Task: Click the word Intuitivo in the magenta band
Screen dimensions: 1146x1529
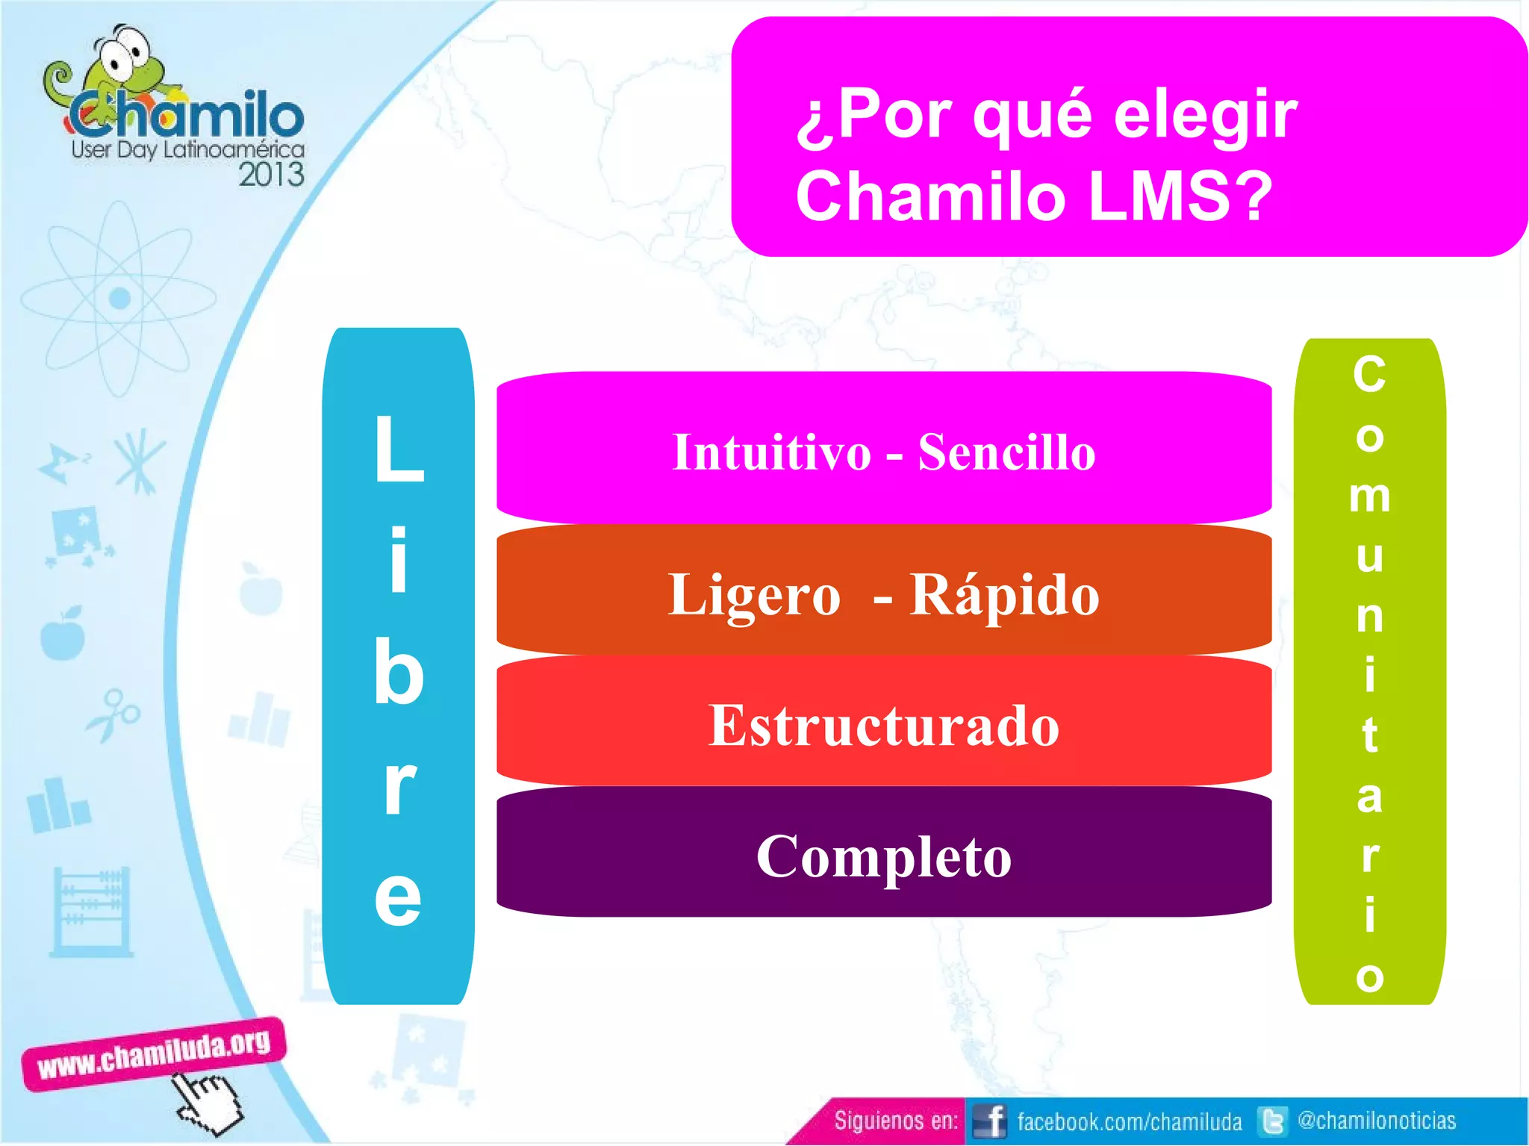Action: coord(771,452)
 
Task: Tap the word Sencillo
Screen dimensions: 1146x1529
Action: coord(1006,452)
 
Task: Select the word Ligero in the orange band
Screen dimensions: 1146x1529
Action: coord(754,595)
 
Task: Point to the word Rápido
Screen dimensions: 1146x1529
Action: coord(1004,595)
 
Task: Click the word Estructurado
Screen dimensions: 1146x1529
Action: coord(884,725)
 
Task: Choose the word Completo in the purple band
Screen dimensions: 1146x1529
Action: coord(884,856)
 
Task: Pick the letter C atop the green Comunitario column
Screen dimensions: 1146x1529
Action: coord(1369,374)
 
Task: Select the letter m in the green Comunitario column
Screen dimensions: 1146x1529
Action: coord(1369,496)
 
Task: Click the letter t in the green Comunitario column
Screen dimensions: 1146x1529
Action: coord(1369,735)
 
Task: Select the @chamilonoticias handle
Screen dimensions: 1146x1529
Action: coord(1377,1121)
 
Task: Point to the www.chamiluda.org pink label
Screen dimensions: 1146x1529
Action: coord(154,1053)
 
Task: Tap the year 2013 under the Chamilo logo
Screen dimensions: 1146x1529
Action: coord(271,175)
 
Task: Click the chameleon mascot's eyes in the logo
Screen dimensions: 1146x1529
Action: coord(123,49)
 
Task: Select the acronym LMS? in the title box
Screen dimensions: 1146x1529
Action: coord(1180,196)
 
